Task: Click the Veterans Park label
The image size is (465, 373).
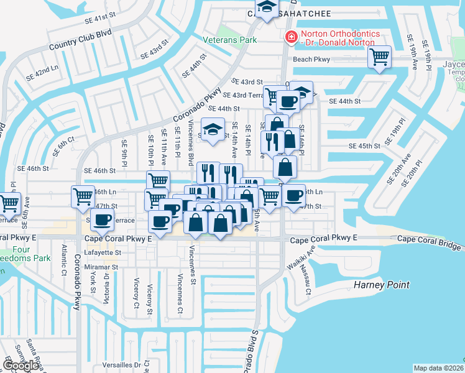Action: [x=229, y=40]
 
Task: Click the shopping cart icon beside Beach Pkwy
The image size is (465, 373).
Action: [x=379, y=57]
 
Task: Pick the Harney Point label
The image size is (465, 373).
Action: [x=382, y=285]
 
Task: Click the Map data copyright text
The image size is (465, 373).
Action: [x=439, y=368]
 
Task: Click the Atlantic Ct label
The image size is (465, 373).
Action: [x=65, y=260]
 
